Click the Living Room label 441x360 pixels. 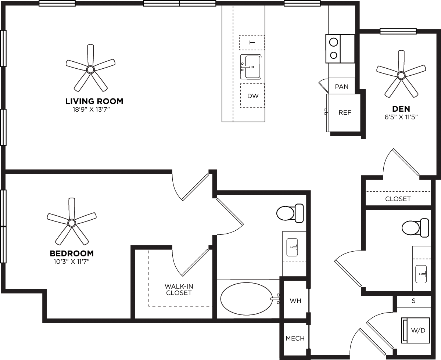click(94, 101)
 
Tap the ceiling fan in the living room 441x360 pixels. click(90, 69)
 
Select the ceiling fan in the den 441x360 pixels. click(401, 75)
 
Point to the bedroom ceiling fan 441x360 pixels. click(72, 223)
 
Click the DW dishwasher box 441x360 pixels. click(252, 96)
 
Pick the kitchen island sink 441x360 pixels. click(251, 67)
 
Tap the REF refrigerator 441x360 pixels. click(345, 113)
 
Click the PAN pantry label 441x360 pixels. click(341, 87)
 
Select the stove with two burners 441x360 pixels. click(340, 48)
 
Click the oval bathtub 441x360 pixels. click(247, 299)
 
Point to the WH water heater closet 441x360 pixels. click(295, 301)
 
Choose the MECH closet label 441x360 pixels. click(295, 338)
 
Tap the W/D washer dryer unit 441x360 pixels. click(416, 330)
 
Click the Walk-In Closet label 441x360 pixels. click(179, 289)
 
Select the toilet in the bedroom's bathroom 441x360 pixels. click(290, 213)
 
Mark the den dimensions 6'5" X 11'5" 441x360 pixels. click(401, 117)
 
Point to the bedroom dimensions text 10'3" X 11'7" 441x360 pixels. click(72, 262)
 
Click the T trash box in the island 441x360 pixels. click(252, 43)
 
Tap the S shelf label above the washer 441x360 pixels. click(413, 301)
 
